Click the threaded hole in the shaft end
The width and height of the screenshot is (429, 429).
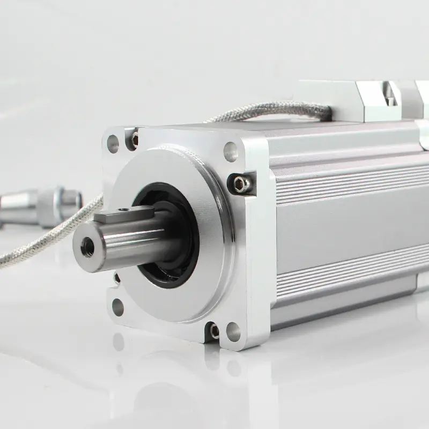87,247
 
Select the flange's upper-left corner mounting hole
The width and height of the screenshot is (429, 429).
113,144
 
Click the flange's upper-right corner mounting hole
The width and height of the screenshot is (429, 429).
231,152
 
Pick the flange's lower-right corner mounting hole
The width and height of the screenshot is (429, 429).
233,332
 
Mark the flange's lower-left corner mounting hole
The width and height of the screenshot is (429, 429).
117,308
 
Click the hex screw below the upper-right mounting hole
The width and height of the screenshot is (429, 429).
240,184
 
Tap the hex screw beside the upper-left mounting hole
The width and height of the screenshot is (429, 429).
134,140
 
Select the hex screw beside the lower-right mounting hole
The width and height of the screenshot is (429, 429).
214,331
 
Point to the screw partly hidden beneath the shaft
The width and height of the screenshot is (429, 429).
116,278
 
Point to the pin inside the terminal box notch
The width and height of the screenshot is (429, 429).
391,99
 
